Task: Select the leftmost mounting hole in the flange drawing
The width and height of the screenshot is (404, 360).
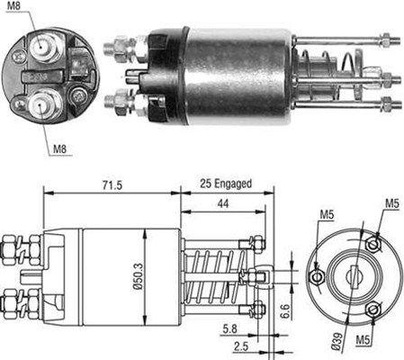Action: (316, 274)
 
